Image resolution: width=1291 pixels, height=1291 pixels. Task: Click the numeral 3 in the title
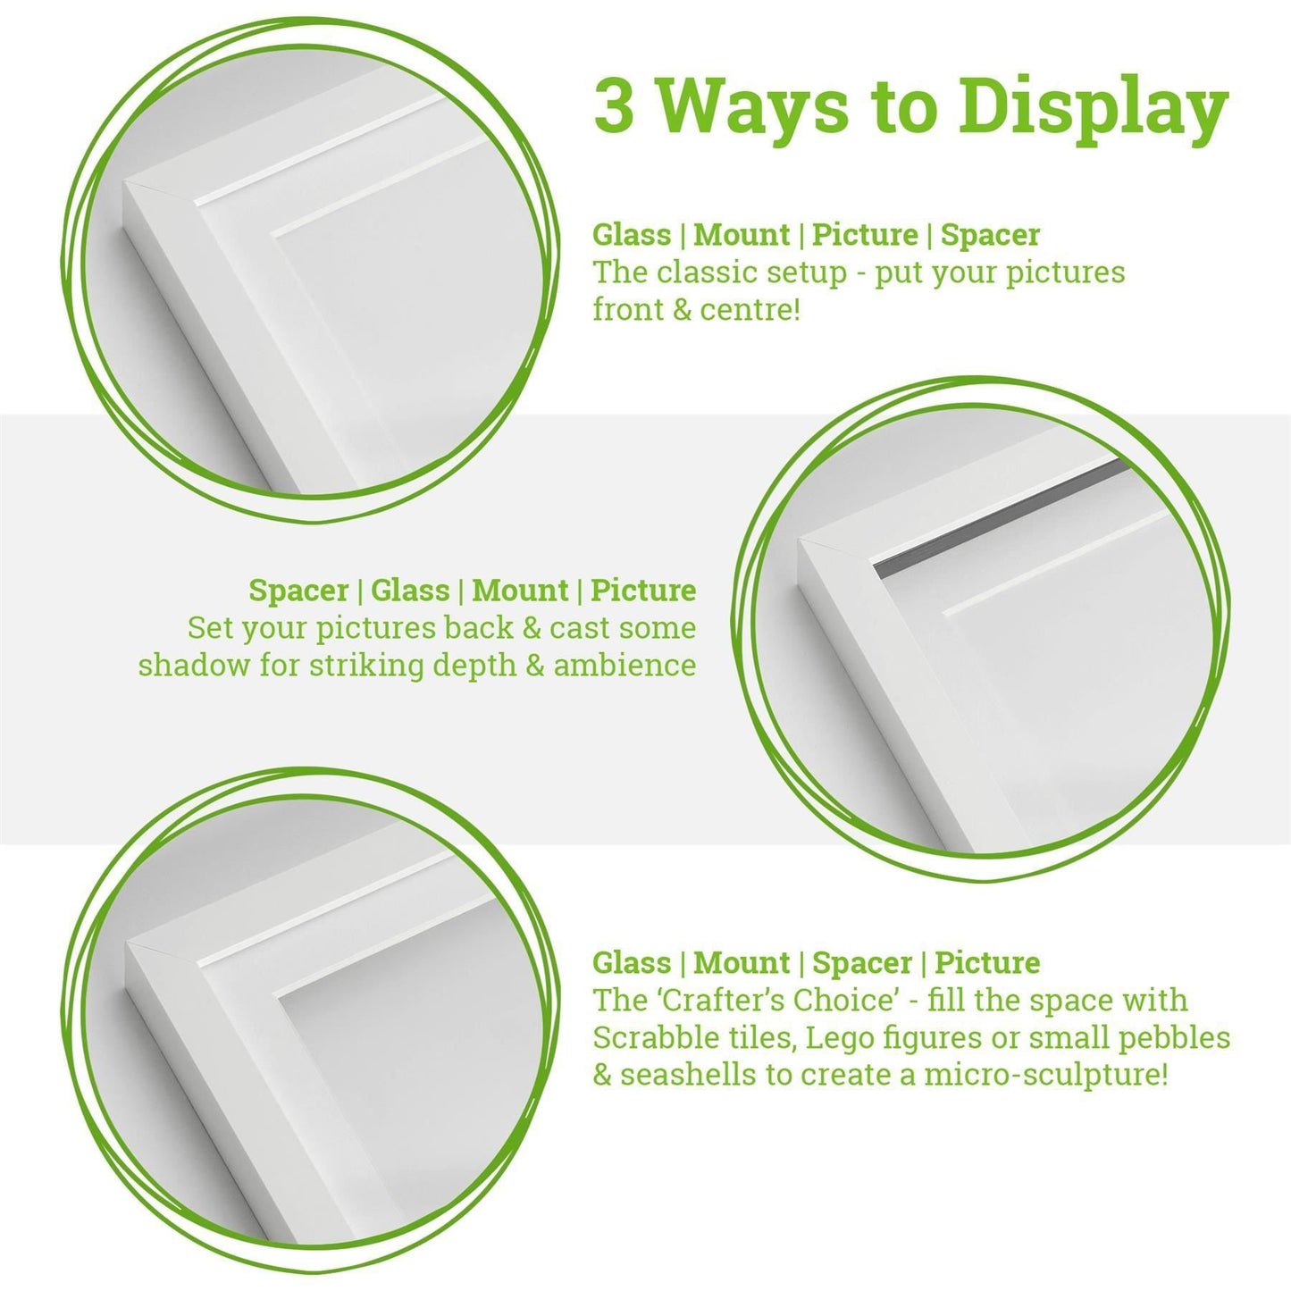(614, 106)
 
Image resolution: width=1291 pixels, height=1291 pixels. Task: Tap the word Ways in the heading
(754, 106)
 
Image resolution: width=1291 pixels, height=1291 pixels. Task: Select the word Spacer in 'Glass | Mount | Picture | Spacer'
(990, 235)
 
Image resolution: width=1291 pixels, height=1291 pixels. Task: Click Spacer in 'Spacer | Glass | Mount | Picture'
(298, 591)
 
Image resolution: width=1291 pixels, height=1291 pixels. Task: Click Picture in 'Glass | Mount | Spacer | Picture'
(987, 963)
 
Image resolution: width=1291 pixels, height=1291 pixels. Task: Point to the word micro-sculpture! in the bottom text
(1046, 1075)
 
